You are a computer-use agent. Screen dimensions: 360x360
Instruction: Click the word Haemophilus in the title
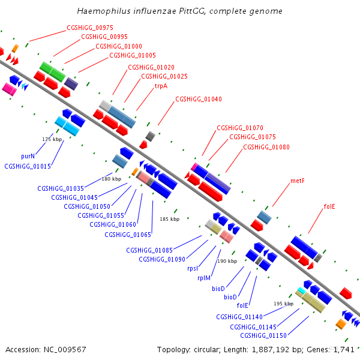tap(104, 11)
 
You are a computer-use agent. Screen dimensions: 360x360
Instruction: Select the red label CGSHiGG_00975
tap(90, 28)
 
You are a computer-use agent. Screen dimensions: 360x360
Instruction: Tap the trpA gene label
tap(161, 86)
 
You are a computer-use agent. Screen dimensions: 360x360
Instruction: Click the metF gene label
tap(298, 181)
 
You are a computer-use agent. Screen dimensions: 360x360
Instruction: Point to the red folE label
tap(329, 206)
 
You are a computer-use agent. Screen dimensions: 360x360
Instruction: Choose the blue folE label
tap(242, 305)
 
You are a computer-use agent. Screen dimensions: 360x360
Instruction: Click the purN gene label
tap(28, 157)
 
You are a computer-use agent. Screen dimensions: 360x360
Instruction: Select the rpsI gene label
tap(193, 268)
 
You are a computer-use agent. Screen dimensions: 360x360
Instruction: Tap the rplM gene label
tap(204, 278)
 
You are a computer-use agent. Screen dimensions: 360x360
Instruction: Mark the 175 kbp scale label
tap(52, 139)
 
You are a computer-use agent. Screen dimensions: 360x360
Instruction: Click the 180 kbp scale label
tap(112, 179)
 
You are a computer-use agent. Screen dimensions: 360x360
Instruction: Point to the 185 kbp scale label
tap(170, 219)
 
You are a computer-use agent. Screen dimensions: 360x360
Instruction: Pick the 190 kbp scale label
tap(227, 261)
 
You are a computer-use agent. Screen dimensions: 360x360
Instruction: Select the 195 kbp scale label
tap(284, 304)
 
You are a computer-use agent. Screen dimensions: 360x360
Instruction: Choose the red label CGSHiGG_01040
tap(199, 99)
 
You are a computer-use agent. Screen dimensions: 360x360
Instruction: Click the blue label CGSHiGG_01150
tap(263, 335)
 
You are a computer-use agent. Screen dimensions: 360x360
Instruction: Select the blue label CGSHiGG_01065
tap(128, 235)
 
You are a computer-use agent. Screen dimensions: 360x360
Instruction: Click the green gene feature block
tap(53, 71)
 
